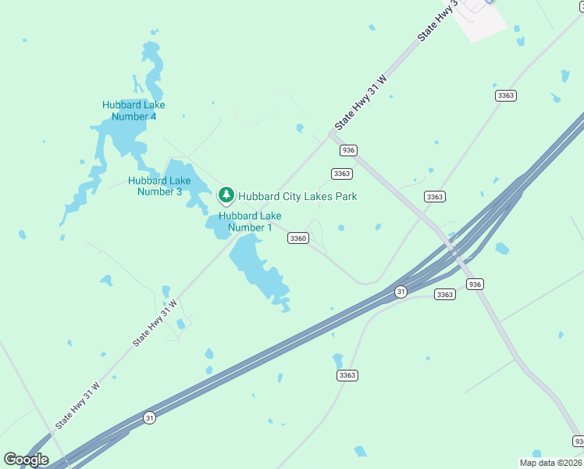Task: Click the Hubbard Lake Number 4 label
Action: pyautogui.click(x=134, y=111)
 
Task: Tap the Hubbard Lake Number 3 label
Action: pyautogui.click(x=160, y=186)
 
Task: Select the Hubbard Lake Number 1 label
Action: pyautogui.click(x=250, y=222)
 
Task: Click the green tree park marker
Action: pyautogui.click(x=226, y=194)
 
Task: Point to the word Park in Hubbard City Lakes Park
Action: pyautogui.click(x=346, y=196)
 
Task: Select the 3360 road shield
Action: pyautogui.click(x=297, y=238)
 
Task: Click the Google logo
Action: pyautogui.click(x=26, y=460)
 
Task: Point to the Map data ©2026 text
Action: pyautogui.click(x=551, y=463)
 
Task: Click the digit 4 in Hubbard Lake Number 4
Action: pyautogui.click(x=153, y=116)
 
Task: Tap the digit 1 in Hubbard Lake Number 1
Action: pyautogui.click(x=269, y=227)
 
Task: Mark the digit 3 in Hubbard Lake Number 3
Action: pyautogui.click(x=179, y=191)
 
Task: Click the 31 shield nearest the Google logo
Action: pyautogui.click(x=149, y=418)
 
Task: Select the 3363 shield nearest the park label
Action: pyautogui.click(x=342, y=174)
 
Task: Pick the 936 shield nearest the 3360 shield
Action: pyautogui.click(x=348, y=150)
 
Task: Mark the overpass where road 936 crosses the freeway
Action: pyautogui.click(x=455, y=252)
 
